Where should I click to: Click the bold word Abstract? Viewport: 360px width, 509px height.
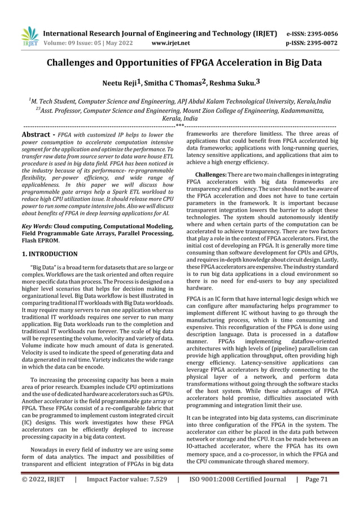[37, 135]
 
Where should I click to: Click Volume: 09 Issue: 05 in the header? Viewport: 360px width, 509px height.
[79, 42]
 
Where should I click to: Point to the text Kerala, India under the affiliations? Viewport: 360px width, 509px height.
[180, 120]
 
